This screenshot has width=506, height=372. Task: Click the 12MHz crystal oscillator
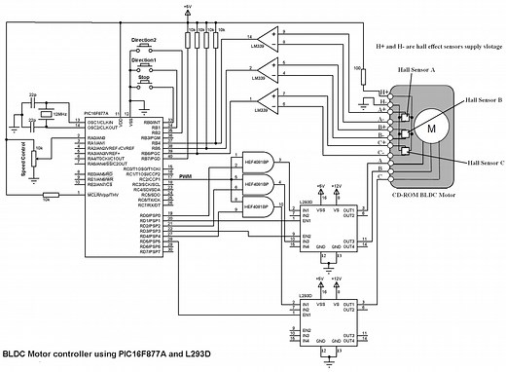pos(47,118)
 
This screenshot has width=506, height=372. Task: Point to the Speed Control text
pos(22,155)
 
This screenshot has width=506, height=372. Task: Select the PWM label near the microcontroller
pos(185,175)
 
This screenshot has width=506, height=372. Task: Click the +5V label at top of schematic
pos(187,8)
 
